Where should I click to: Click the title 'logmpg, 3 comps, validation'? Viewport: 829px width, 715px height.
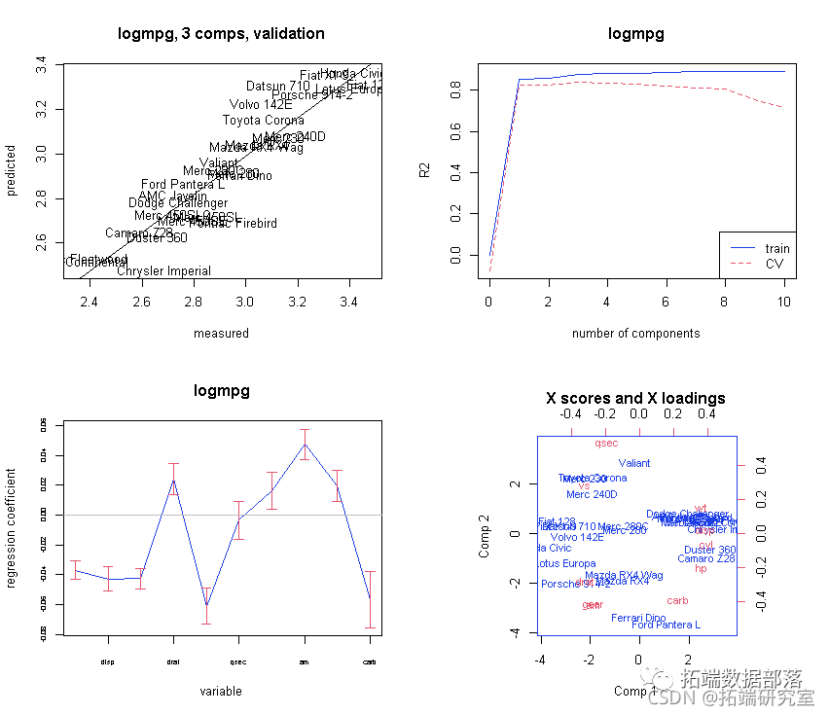[221, 34]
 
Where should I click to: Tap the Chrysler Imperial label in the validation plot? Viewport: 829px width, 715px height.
[163, 271]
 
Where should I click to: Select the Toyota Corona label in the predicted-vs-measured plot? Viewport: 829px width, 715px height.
[263, 121]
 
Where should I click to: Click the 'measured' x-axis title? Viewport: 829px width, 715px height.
[221, 334]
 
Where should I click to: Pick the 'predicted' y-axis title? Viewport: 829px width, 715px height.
[12, 170]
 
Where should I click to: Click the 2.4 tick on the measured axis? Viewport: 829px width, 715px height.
[90, 301]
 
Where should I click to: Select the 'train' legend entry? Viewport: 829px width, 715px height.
[776, 249]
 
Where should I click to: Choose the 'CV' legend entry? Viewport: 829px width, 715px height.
[774, 264]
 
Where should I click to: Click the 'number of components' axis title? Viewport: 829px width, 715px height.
[635, 334]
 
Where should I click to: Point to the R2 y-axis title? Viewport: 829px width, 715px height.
[424, 170]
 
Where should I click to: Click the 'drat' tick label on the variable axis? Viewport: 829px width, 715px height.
[173, 661]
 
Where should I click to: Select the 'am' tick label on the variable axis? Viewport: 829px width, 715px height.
[305, 661]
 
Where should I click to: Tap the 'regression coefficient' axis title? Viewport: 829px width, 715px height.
[12, 528]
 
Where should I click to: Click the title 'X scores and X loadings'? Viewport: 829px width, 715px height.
[635, 399]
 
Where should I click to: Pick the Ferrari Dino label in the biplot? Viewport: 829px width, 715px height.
[638, 618]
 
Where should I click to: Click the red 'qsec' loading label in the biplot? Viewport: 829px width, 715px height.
[606, 443]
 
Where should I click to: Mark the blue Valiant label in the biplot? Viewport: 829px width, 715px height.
[634, 463]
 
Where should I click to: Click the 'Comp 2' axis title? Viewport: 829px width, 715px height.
[484, 535]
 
